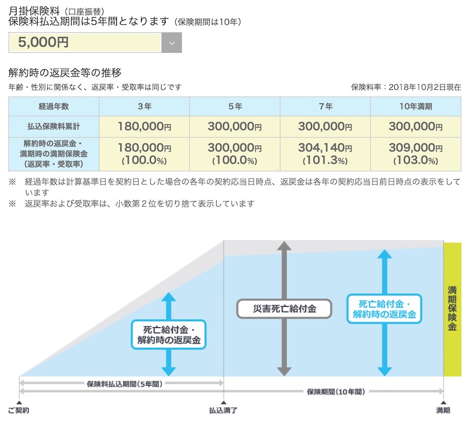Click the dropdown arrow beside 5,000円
pos(171,42)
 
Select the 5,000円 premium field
pos(85,42)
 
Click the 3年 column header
pos(144,107)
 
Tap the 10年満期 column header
pos(415,107)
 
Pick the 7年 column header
pos(325,107)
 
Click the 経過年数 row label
pos(53,107)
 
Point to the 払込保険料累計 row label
pos(53,126)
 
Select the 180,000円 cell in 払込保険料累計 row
pos(144,126)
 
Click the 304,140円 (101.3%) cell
pos(325,153)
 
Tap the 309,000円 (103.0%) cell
pos(415,153)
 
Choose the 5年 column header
pos(234,107)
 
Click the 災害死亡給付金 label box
pos(284,308)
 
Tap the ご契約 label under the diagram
pos(18,410)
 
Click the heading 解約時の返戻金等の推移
pos(65,73)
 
